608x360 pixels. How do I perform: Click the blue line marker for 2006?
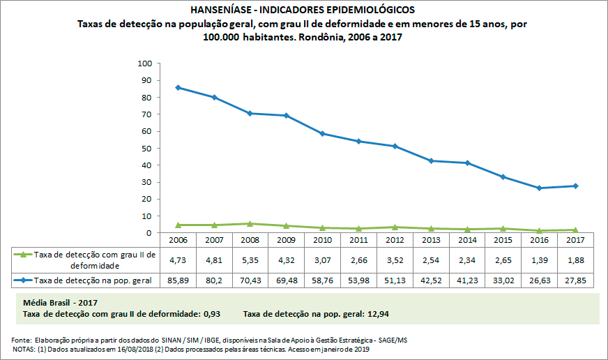178,87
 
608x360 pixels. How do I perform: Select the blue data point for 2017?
575,186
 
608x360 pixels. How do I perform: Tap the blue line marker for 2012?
395,146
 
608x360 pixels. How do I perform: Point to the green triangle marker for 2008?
250,223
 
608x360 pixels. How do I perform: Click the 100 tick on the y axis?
145,63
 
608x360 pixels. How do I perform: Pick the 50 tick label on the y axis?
147,148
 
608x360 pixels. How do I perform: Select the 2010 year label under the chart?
323,239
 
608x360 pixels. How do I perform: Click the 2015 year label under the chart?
503,239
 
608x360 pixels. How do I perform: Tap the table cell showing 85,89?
178,280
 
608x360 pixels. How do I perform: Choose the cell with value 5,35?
250,260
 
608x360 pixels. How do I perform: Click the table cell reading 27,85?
575,280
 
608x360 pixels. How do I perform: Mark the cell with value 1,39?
539,260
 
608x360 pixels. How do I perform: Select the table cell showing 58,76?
323,280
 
